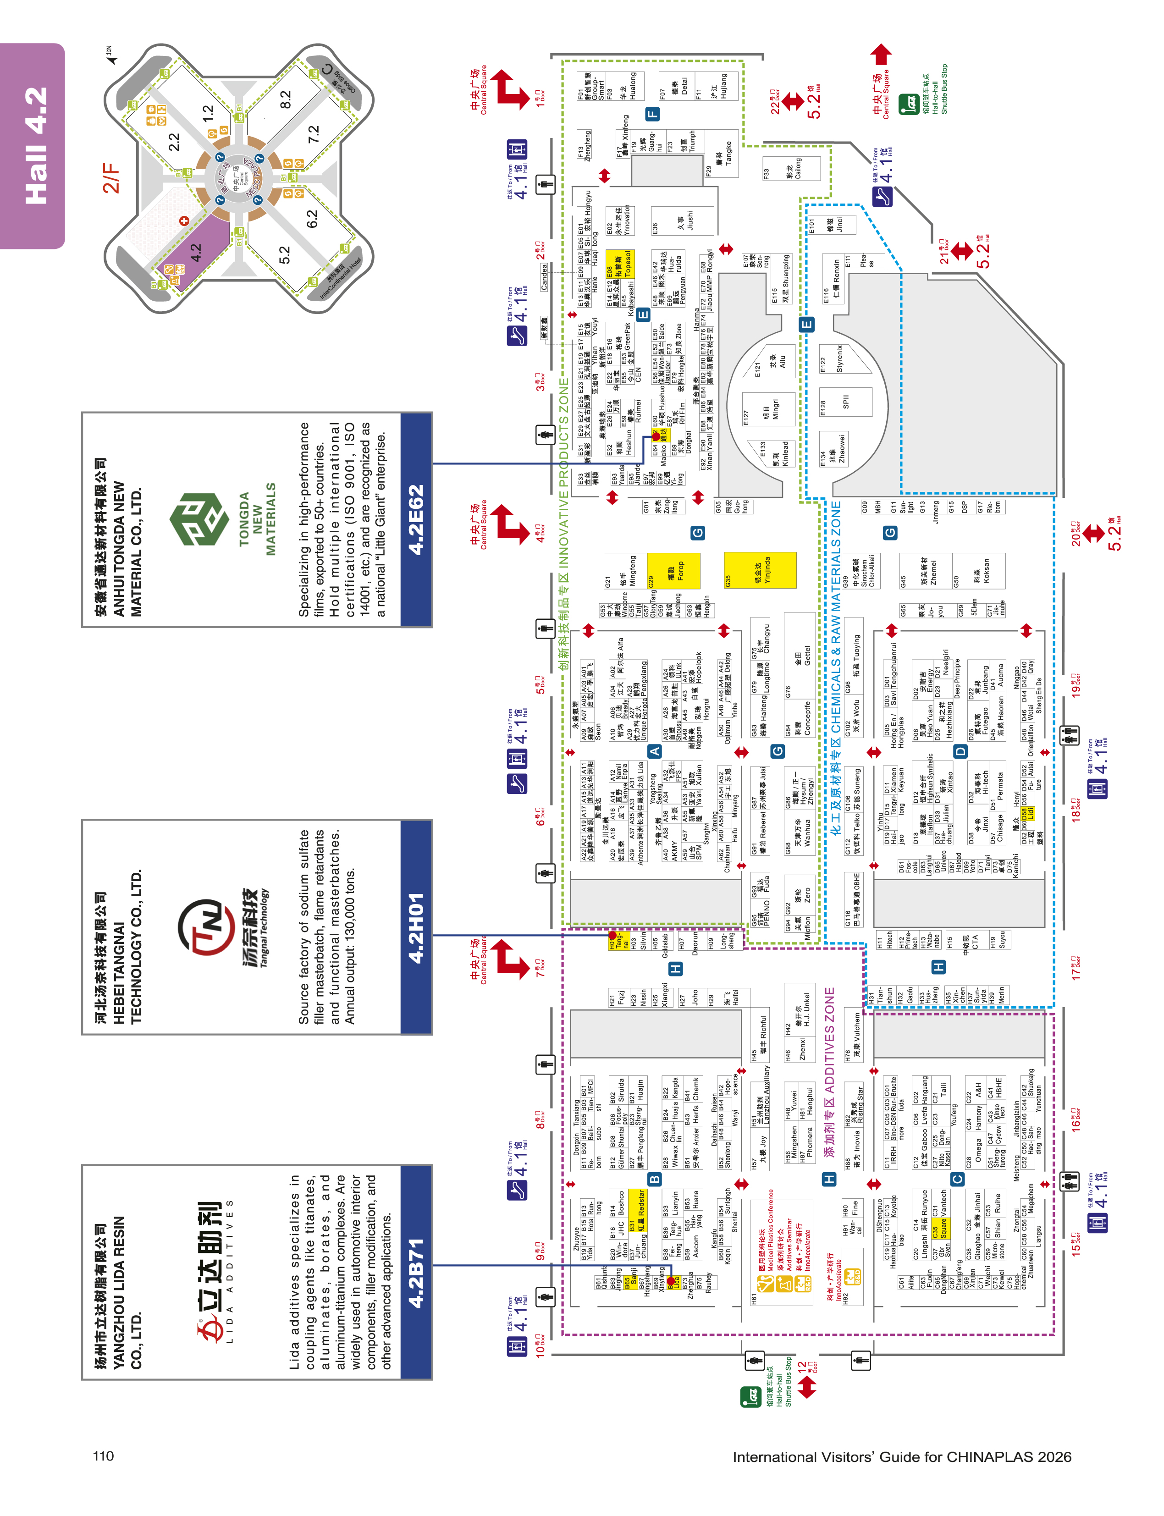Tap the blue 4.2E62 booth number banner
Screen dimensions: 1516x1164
pyautogui.click(x=416, y=520)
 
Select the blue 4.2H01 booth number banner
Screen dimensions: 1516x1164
pyautogui.click(x=416, y=927)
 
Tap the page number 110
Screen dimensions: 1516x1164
pyautogui.click(x=103, y=1456)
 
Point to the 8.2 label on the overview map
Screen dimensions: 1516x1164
pyautogui.click(x=286, y=100)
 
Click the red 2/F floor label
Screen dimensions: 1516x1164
pyautogui.click(x=111, y=178)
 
